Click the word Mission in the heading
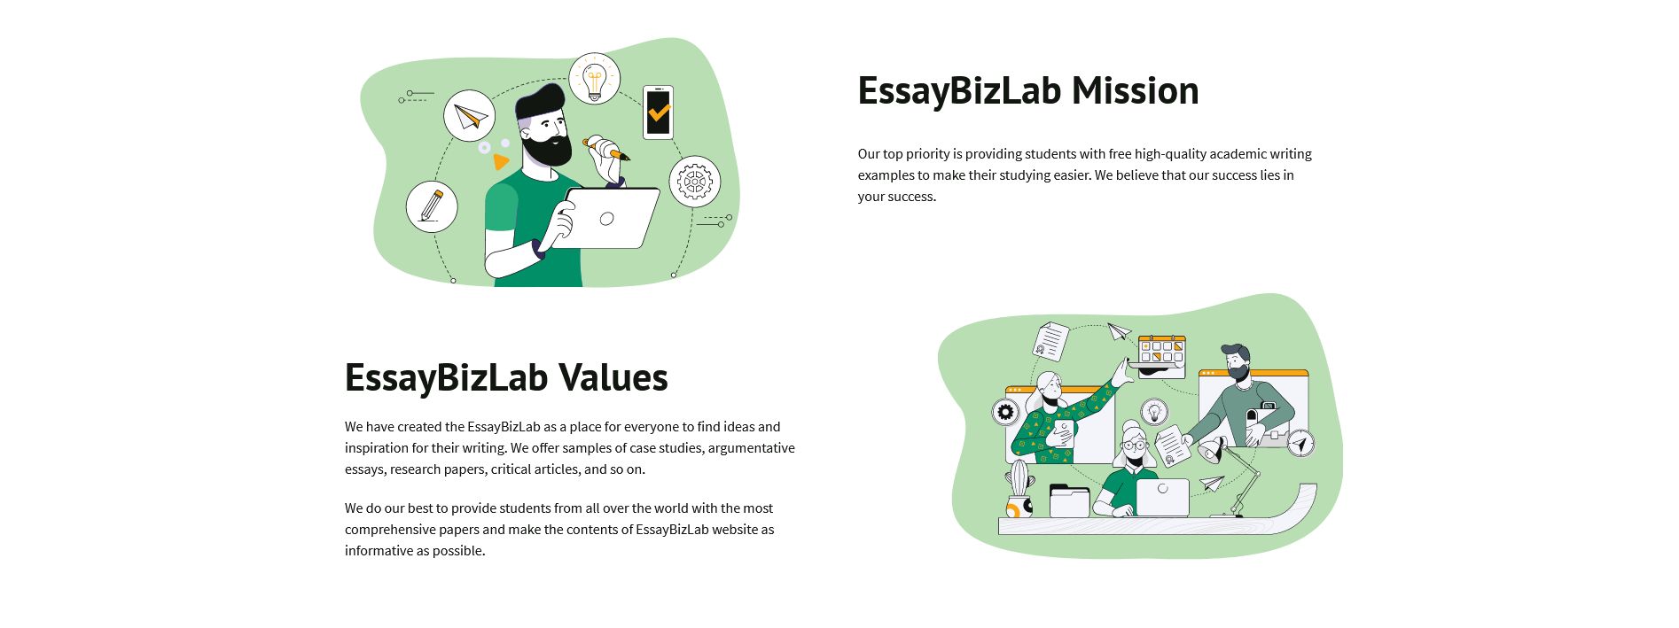tap(1135, 91)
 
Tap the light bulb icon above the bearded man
tap(594, 79)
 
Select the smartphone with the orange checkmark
tap(658, 112)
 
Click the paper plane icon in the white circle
tap(469, 116)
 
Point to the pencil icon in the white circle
tap(432, 205)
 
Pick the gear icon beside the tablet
tap(694, 182)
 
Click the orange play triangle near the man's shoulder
tap(501, 162)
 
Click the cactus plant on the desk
tap(1020, 479)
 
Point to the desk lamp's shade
tap(1211, 453)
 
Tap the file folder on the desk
tap(1069, 501)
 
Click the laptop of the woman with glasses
tap(1162, 498)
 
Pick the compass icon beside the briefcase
tap(1300, 443)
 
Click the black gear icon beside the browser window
tap(1005, 412)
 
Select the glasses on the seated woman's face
tap(1134, 446)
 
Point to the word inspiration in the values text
tap(379, 448)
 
